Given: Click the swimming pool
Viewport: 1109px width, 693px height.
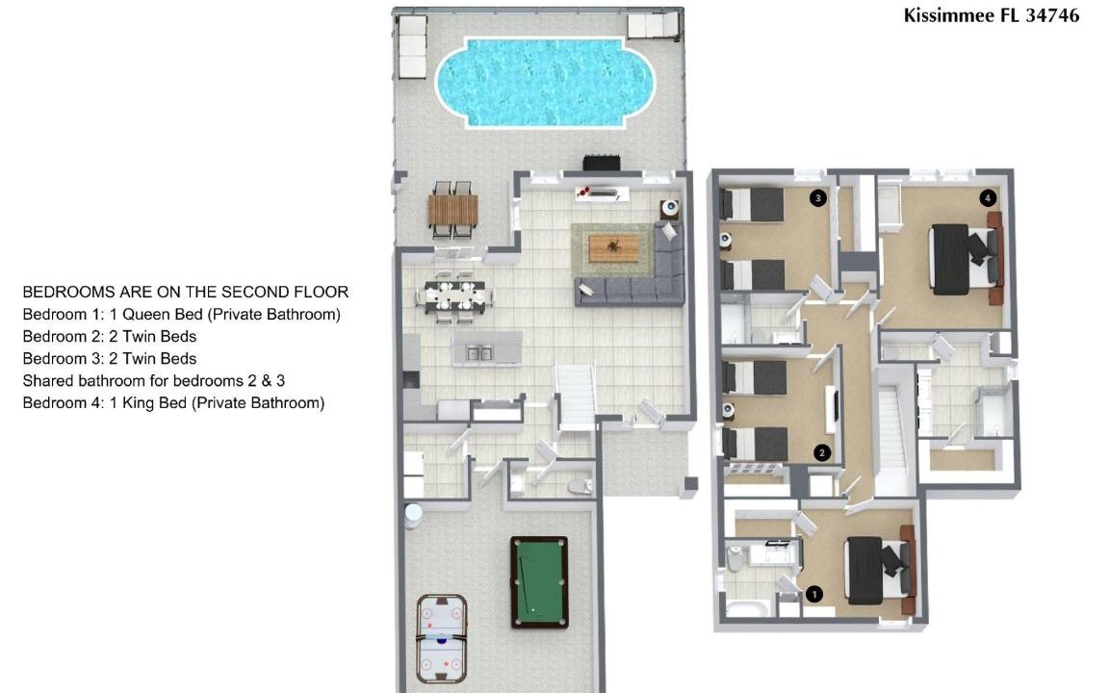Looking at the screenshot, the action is tap(545, 83).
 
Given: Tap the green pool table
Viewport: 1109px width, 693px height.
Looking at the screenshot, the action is tap(539, 582).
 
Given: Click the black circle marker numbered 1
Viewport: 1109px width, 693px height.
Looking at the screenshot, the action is tap(814, 594).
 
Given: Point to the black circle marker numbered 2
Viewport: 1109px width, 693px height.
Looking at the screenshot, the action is tap(822, 452).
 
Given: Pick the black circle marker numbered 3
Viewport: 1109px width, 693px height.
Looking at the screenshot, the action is tap(818, 198).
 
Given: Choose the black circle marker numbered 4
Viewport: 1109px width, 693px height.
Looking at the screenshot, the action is tap(988, 198).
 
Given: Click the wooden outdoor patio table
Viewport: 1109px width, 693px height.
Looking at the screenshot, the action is tap(452, 210).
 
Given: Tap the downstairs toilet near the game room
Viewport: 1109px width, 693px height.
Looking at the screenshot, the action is tap(580, 486).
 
